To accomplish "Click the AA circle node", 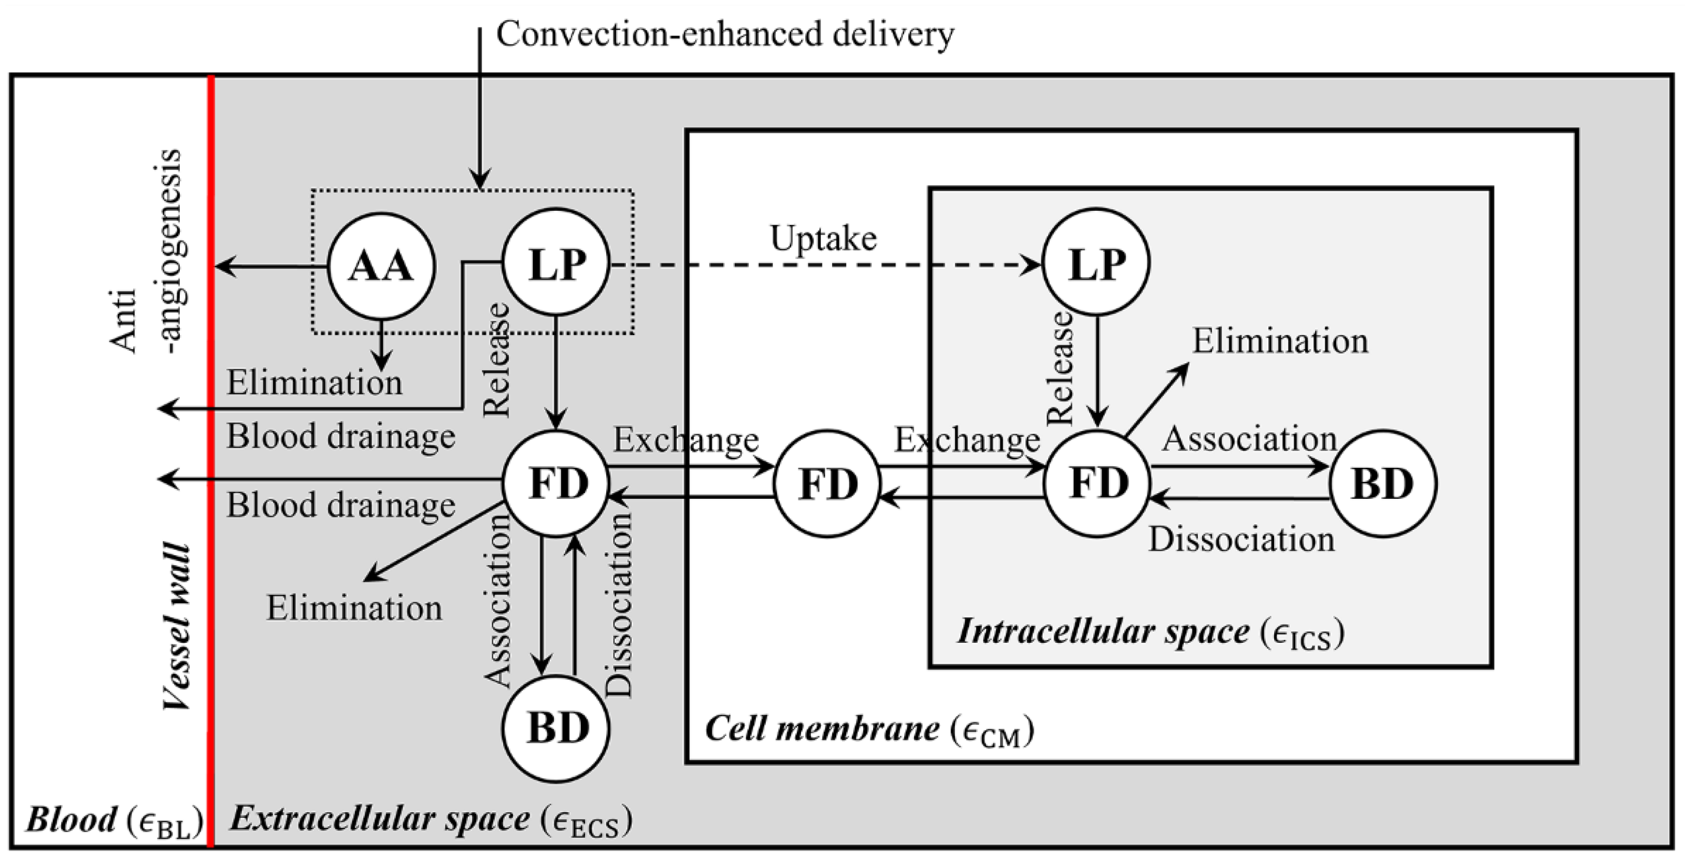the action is (381, 266).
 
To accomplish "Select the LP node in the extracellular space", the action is (556, 263).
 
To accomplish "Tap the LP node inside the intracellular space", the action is (1096, 263).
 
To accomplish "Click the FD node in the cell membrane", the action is (827, 483).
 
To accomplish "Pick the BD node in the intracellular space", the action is (1383, 483).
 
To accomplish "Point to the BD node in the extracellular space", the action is (556, 728).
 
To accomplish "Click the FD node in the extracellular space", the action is (556, 483).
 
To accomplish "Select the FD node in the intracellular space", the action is (1097, 483).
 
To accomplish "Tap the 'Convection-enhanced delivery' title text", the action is (725, 34).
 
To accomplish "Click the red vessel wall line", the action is (210, 462).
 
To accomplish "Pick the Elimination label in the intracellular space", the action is (1280, 341).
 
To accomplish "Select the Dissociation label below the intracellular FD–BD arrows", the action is (1241, 540).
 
